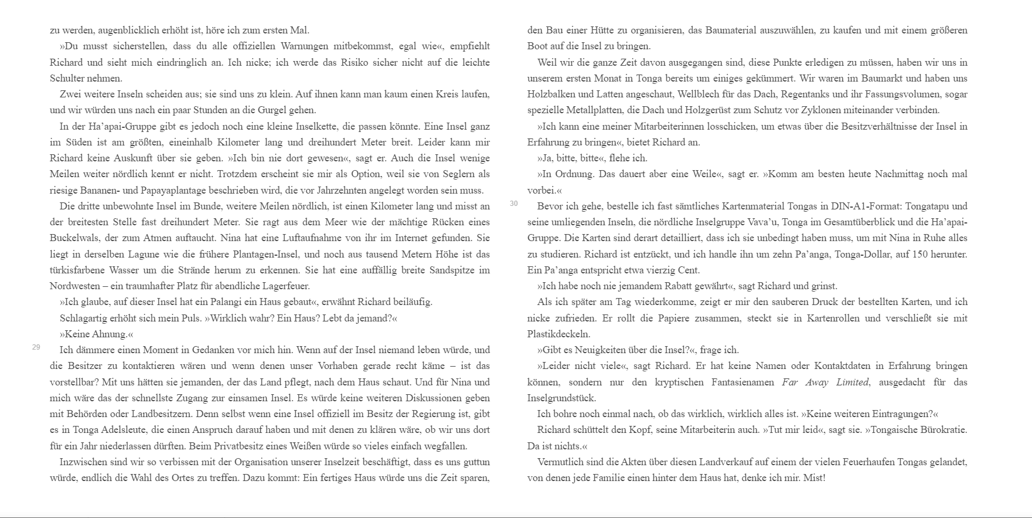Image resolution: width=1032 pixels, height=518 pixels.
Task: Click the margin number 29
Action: coord(36,347)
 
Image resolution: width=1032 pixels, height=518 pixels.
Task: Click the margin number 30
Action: coord(513,204)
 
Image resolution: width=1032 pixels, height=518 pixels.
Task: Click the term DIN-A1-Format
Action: coord(870,206)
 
